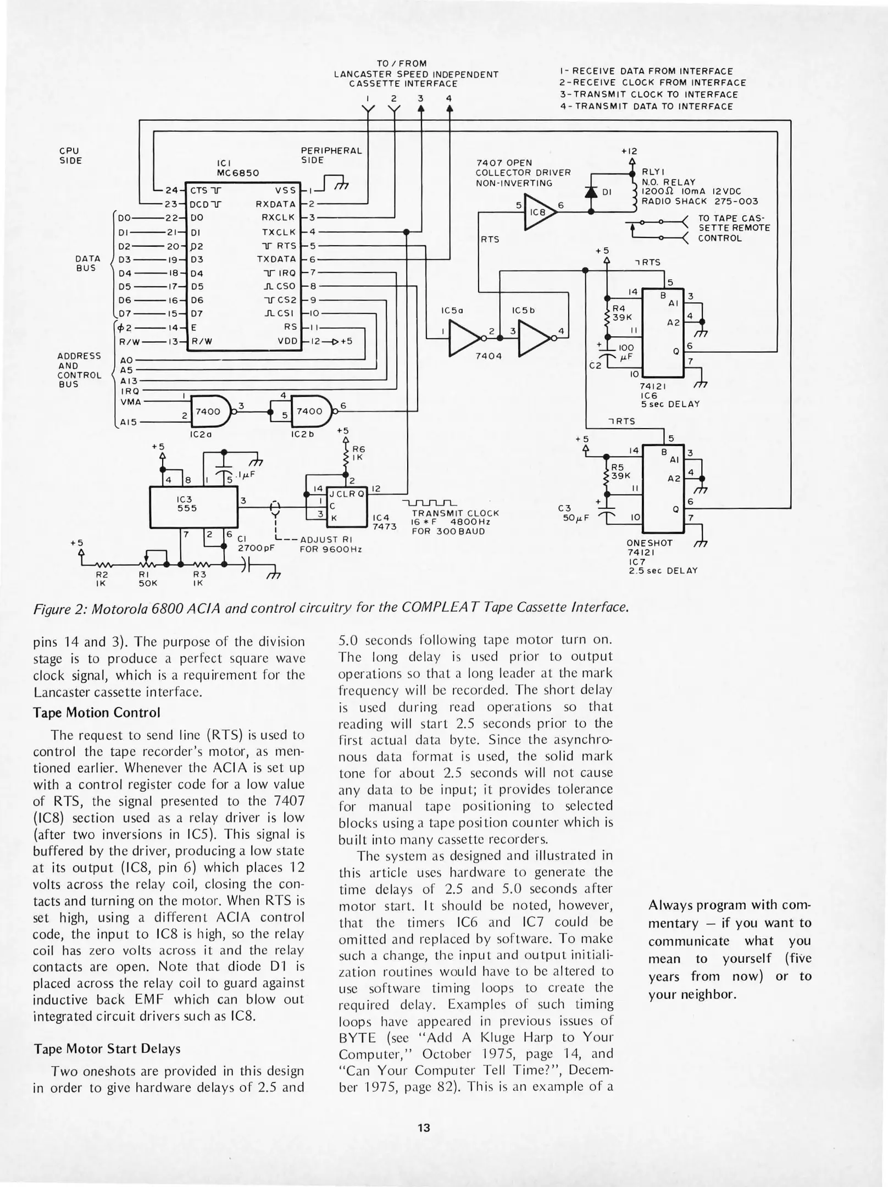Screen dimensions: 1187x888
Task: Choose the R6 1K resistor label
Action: (358, 453)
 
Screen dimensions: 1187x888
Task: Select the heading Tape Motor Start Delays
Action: (107, 1049)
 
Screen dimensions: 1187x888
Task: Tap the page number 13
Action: (423, 1128)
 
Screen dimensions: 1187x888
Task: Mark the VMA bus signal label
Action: (131, 402)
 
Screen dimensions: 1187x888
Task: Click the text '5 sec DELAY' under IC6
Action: (670, 404)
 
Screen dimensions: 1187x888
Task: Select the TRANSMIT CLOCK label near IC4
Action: (456, 513)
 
